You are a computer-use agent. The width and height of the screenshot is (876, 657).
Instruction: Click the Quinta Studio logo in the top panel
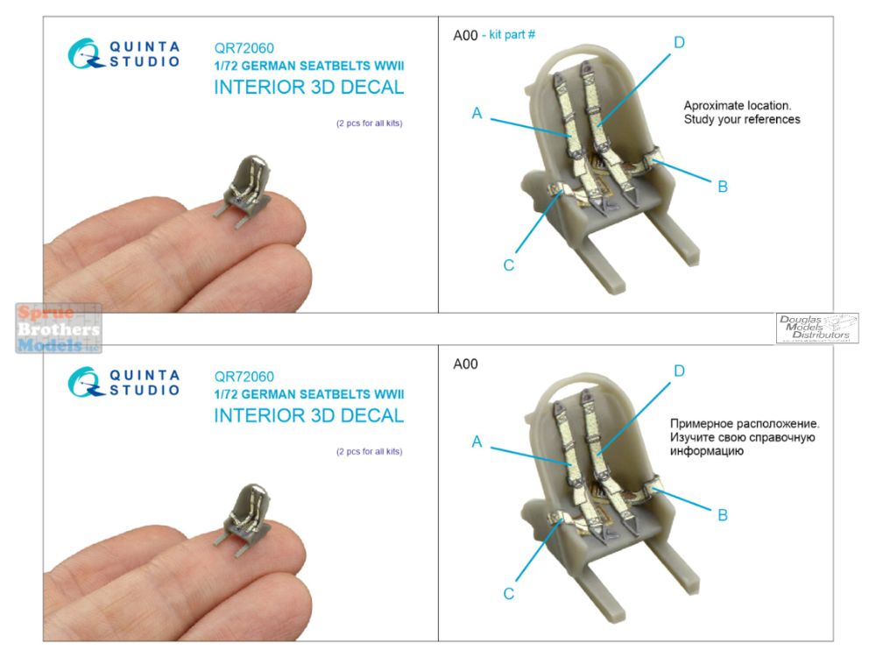tap(124, 53)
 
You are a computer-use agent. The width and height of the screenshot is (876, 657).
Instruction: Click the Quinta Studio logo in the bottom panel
tap(124, 382)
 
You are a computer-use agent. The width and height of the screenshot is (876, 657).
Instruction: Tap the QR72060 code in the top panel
tap(244, 48)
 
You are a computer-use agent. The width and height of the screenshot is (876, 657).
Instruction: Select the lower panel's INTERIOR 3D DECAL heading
tap(309, 415)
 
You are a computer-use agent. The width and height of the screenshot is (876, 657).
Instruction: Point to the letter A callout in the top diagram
tap(477, 113)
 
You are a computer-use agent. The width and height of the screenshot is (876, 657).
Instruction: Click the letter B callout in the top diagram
tap(723, 187)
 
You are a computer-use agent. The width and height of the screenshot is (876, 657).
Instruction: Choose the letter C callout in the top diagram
tap(508, 265)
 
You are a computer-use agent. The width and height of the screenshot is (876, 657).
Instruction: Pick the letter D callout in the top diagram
tap(680, 42)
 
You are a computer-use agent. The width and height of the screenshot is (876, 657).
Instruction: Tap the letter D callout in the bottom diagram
tap(680, 371)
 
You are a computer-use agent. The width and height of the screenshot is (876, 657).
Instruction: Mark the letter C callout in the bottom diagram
tap(508, 593)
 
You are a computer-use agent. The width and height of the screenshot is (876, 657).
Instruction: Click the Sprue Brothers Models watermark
tap(58, 328)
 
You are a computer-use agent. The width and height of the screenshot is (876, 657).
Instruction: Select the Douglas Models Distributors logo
tap(817, 328)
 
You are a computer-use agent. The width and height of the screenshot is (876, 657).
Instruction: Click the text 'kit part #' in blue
tap(512, 35)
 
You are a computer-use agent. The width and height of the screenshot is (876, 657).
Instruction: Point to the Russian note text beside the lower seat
tap(745, 437)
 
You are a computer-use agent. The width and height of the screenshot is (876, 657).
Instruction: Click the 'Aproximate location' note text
tap(742, 112)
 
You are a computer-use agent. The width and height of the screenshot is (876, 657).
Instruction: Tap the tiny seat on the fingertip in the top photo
tap(244, 191)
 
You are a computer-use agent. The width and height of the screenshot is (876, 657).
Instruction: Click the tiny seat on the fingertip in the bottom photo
tap(244, 519)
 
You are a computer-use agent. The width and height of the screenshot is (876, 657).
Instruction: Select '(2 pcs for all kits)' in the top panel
tap(370, 124)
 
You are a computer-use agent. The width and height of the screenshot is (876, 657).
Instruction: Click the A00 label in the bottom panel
tap(465, 364)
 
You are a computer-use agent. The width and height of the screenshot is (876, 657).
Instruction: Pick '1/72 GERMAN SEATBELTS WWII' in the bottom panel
tap(309, 394)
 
